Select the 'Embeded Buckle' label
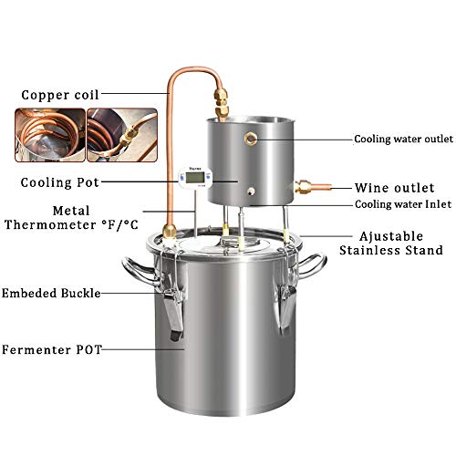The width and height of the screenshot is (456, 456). pyautogui.click(x=51, y=293)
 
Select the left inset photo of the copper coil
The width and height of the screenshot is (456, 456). pyautogui.click(x=45, y=131)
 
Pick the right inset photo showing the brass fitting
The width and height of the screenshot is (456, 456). pyautogui.click(x=119, y=131)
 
